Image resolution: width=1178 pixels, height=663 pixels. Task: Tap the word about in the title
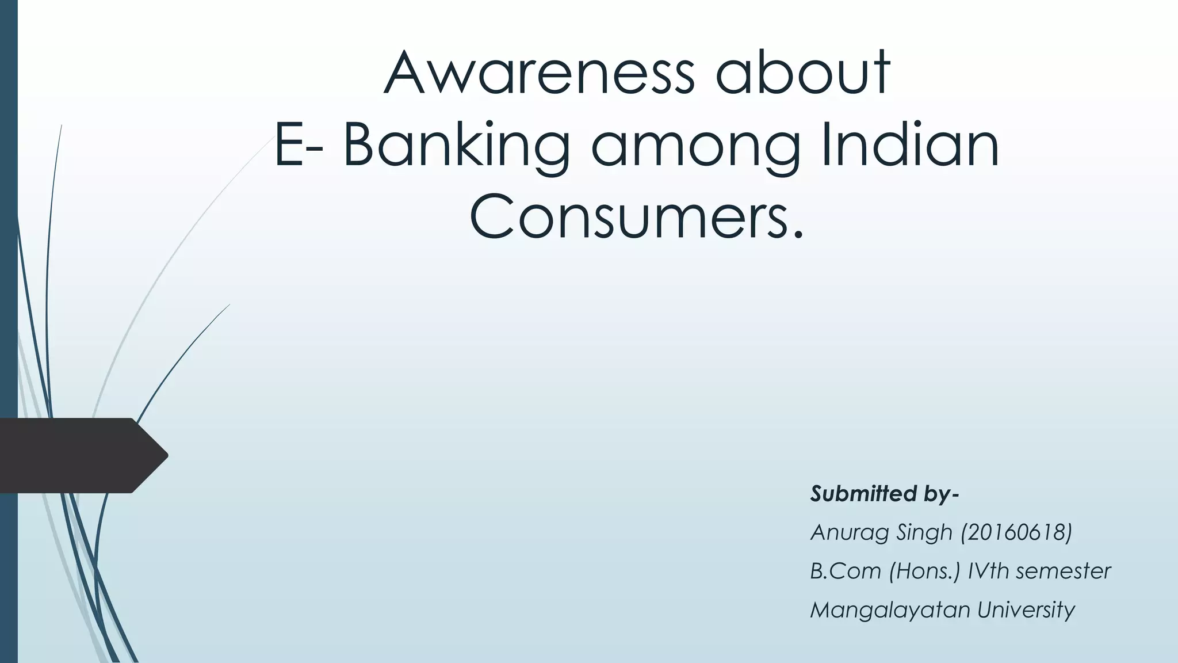click(803, 73)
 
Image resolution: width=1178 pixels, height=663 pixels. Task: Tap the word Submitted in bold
click(863, 493)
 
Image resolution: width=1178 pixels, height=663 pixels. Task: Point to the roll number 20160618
click(1016, 532)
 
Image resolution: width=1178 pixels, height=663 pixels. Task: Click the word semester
click(1064, 571)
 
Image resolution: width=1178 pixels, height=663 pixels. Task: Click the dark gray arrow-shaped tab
click(81, 455)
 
